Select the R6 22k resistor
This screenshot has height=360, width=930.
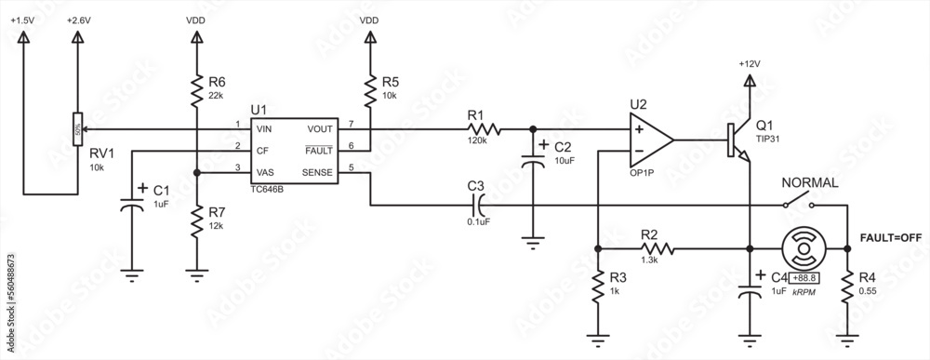pyautogui.click(x=196, y=91)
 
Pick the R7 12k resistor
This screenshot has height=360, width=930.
pyautogui.click(x=196, y=222)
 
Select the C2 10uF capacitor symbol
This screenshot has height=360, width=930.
pyautogui.click(x=533, y=153)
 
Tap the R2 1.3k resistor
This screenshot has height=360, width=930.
pyautogui.click(x=649, y=248)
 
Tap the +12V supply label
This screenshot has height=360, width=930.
pyautogui.click(x=749, y=63)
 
